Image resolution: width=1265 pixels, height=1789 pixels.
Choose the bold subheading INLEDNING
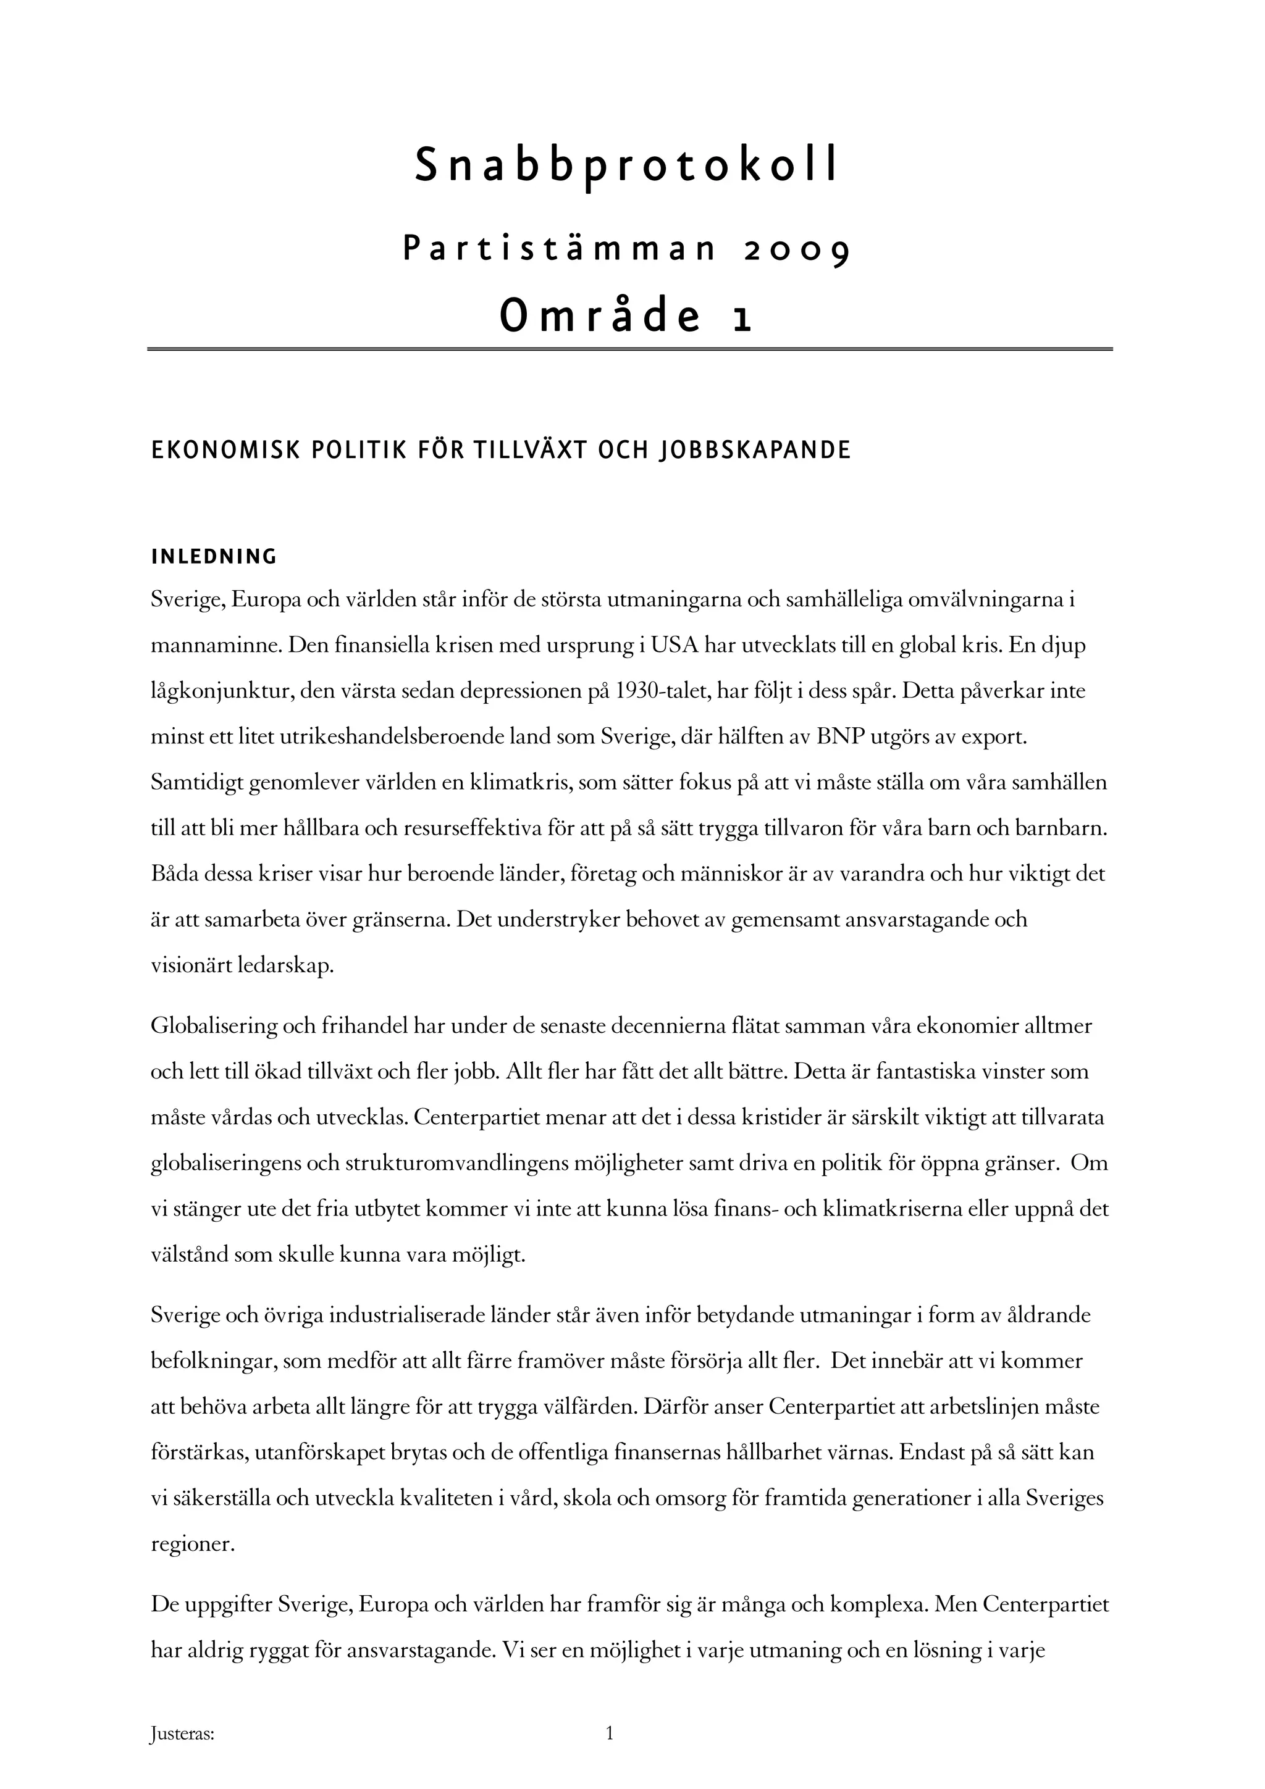(214, 557)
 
